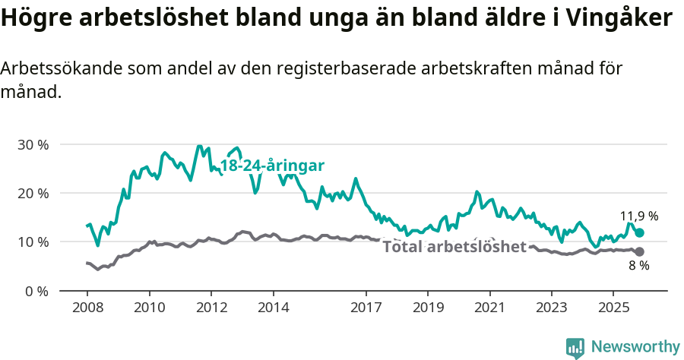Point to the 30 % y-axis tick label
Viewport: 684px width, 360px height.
tap(33, 144)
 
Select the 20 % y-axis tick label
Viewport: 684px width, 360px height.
tap(33, 193)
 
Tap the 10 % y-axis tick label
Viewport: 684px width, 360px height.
tap(33, 242)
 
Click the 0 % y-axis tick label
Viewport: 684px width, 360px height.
tap(36, 291)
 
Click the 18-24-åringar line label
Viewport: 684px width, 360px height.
tap(272, 166)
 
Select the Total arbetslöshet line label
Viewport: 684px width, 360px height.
tap(454, 247)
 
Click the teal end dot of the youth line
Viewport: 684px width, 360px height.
tap(639, 233)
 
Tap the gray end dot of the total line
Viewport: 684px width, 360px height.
tap(639, 251)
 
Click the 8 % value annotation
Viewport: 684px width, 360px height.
tap(638, 266)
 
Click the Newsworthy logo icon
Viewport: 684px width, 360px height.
tap(575, 347)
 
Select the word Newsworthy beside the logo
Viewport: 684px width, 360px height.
tap(635, 347)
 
